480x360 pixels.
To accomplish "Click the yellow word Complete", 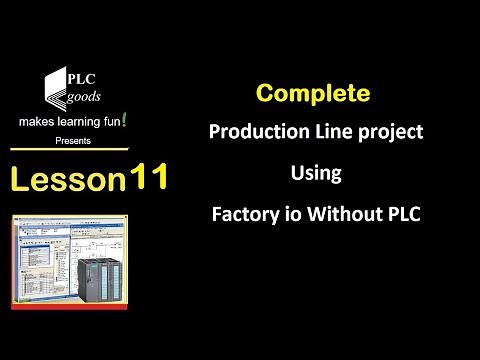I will tap(313, 94).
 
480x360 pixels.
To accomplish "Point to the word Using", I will tap(316, 173).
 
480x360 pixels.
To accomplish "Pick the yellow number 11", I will tap(148, 177).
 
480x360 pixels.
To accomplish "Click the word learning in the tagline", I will tap(83, 123).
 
